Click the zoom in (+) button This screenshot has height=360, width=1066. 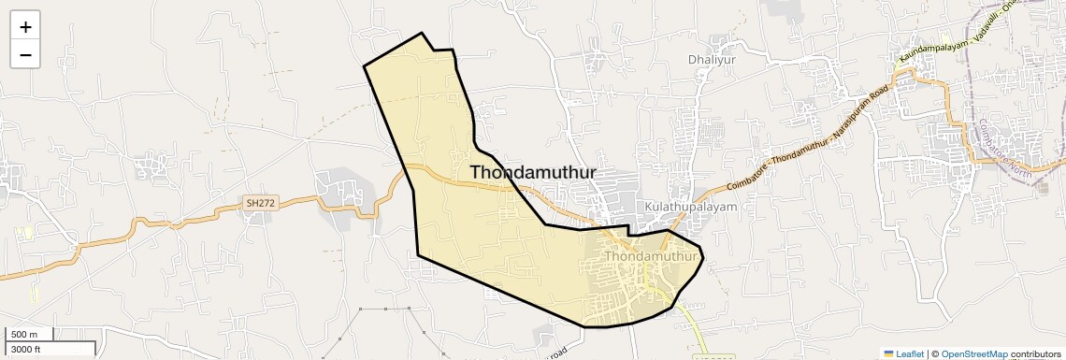(25, 27)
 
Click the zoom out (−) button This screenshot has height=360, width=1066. (25, 55)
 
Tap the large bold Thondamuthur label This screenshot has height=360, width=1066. (533, 172)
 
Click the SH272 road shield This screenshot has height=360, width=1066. (260, 202)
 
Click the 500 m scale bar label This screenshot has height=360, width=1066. (25, 335)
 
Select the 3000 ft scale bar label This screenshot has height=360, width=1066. (25, 350)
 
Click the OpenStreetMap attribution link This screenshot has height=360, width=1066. (974, 354)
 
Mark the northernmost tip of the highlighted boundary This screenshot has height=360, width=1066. (422, 34)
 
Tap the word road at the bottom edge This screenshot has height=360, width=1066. (557, 353)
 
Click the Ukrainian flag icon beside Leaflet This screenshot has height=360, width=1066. (889, 354)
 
